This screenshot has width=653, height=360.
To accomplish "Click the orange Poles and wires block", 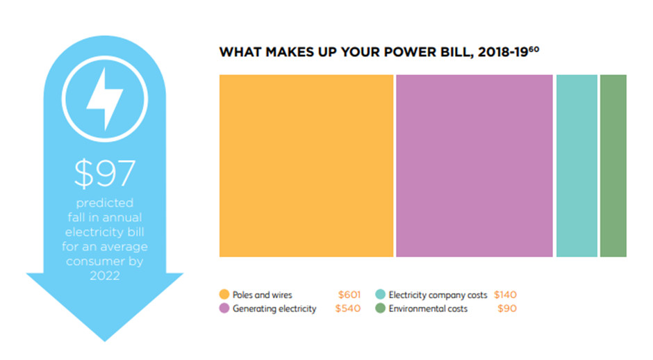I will click(306, 165).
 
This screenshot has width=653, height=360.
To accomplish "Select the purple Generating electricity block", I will click(474, 165).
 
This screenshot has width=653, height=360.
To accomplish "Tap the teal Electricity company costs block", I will click(577, 165).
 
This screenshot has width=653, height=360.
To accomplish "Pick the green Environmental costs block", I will click(613, 165).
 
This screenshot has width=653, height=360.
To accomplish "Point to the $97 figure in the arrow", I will click(104, 174).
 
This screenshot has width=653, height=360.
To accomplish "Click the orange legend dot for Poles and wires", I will click(224, 295).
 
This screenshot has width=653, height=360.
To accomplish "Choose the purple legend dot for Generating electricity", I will click(224, 309).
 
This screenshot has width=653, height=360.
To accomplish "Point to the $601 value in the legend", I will click(349, 295).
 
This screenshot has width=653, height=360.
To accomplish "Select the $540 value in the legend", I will click(347, 309).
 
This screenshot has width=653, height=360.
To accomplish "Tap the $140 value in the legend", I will click(504, 295).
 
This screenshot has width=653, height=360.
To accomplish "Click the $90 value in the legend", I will click(507, 309).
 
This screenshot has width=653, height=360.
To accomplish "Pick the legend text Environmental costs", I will click(428, 309).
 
